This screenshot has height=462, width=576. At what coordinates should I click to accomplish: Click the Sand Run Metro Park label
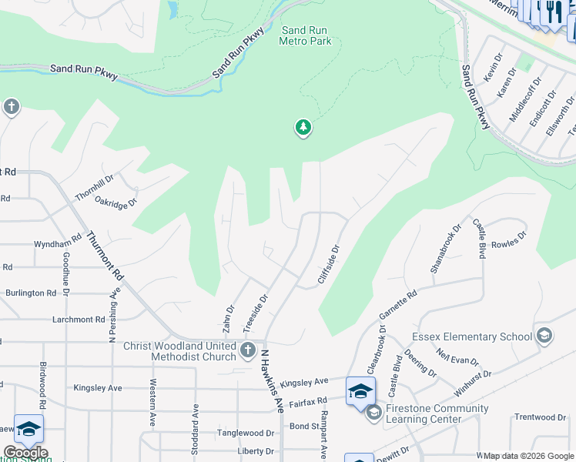305,35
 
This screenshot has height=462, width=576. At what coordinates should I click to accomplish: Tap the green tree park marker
303,128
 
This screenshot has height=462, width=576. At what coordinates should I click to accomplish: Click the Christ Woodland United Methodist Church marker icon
248,351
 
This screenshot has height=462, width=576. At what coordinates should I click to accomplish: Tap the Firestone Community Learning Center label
438,413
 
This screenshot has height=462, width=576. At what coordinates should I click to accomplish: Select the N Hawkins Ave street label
273,372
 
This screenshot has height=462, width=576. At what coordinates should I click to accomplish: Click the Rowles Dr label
508,238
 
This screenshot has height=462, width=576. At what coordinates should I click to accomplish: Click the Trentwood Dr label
540,417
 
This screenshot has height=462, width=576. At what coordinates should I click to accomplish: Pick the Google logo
25,453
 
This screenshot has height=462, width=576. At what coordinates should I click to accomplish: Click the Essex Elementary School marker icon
544,336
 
